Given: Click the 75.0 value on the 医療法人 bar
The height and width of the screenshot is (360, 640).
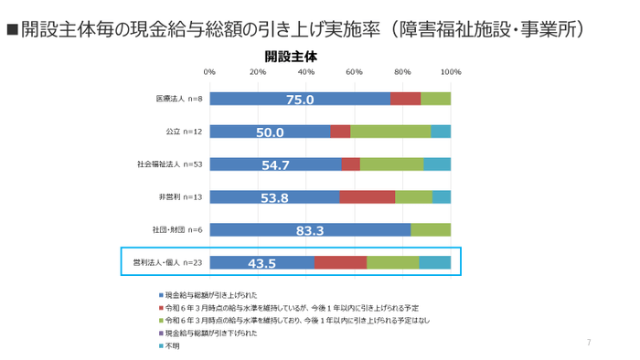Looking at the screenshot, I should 300,100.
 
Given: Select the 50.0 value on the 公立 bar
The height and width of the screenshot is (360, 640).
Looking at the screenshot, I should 270,132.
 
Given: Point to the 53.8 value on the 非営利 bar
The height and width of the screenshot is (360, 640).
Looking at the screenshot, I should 274,197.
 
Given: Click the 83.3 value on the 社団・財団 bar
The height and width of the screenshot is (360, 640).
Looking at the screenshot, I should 311,230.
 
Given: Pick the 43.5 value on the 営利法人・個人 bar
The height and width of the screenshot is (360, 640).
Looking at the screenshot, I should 261,263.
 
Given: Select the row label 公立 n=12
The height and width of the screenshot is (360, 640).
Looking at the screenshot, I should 184,132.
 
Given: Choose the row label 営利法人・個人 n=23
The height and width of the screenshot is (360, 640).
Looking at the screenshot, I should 167,263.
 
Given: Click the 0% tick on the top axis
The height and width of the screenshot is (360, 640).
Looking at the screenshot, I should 209,71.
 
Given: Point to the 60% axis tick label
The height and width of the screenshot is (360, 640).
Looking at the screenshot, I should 354,71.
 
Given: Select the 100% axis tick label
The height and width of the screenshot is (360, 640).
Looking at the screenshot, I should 450,71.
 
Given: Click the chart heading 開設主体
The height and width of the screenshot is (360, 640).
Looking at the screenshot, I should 290,55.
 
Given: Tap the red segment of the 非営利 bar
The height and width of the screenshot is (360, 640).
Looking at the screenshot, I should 368,197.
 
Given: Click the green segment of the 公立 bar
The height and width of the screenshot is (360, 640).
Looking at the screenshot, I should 390,132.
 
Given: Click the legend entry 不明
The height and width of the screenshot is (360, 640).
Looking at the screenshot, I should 171,345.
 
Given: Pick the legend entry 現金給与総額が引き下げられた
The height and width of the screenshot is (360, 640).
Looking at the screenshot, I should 210,334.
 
